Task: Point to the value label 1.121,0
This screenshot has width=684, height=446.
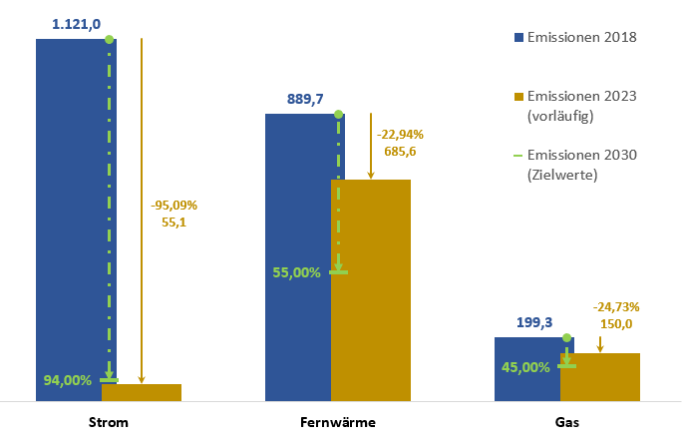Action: click(x=77, y=24)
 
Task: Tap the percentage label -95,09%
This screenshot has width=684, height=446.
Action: click(x=174, y=206)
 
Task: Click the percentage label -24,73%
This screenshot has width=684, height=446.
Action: click(x=616, y=306)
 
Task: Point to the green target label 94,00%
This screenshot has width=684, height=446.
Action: click(x=68, y=380)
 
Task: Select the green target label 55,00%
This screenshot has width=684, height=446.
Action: click(x=296, y=271)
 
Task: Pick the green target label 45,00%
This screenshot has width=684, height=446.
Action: click(x=524, y=367)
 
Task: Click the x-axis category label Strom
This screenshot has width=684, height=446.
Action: click(x=108, y=422)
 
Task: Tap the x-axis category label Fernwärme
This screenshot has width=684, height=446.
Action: click(x=338, y=422)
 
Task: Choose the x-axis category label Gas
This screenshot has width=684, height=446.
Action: click(x=566, y=422)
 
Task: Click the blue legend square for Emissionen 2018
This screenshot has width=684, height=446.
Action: click(x=517, y=38)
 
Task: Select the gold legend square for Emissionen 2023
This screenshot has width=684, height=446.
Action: click(x=517, y=97)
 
